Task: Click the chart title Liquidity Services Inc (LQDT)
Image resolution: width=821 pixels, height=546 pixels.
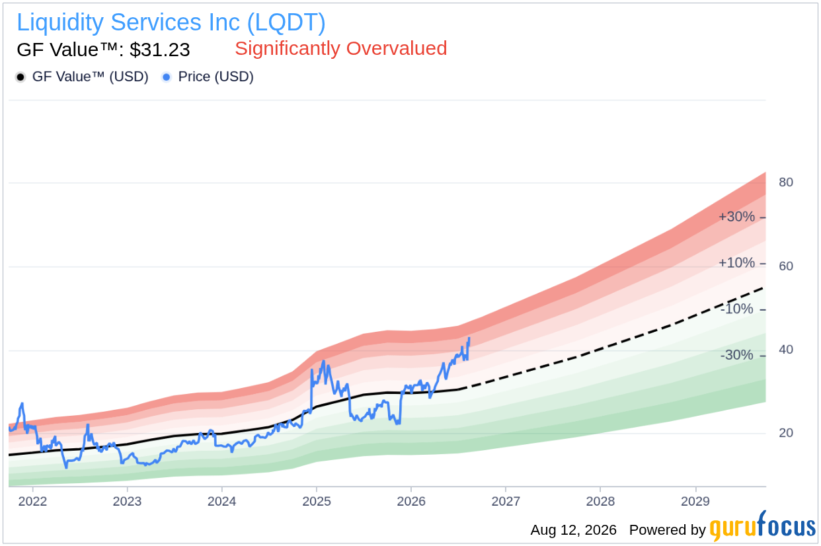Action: pos(171,22)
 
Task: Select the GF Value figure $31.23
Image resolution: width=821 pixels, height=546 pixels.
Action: pos(160,50)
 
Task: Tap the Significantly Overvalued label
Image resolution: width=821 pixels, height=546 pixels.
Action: pos(341,48)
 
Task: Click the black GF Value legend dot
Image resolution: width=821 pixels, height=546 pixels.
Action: pos(20,77)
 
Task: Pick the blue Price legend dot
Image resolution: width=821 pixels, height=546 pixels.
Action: pos(167,77)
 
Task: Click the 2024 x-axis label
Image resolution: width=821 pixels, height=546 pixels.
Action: pos(221,501)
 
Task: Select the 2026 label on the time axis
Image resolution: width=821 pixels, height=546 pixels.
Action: pos(411,501)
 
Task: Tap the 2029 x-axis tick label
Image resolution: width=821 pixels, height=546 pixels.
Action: pos(695,501)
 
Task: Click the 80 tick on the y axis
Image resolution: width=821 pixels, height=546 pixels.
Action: pos(786,182)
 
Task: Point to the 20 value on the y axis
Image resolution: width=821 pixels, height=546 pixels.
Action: pos(786,433)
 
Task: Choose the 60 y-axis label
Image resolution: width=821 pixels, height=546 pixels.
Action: pos(786,266)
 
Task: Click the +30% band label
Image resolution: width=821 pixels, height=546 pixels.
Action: pos(736,217)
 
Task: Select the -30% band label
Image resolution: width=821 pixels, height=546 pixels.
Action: pos(736,355)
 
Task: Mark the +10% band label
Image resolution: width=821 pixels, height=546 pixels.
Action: pos(736,262)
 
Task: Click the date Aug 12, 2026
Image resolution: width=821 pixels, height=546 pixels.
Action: pos(574,530)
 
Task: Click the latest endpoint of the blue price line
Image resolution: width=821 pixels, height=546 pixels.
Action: pos(469,338)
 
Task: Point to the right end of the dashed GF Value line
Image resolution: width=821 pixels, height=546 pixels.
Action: pos(763,288)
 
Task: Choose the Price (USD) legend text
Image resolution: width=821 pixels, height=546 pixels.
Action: pos(216,77)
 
